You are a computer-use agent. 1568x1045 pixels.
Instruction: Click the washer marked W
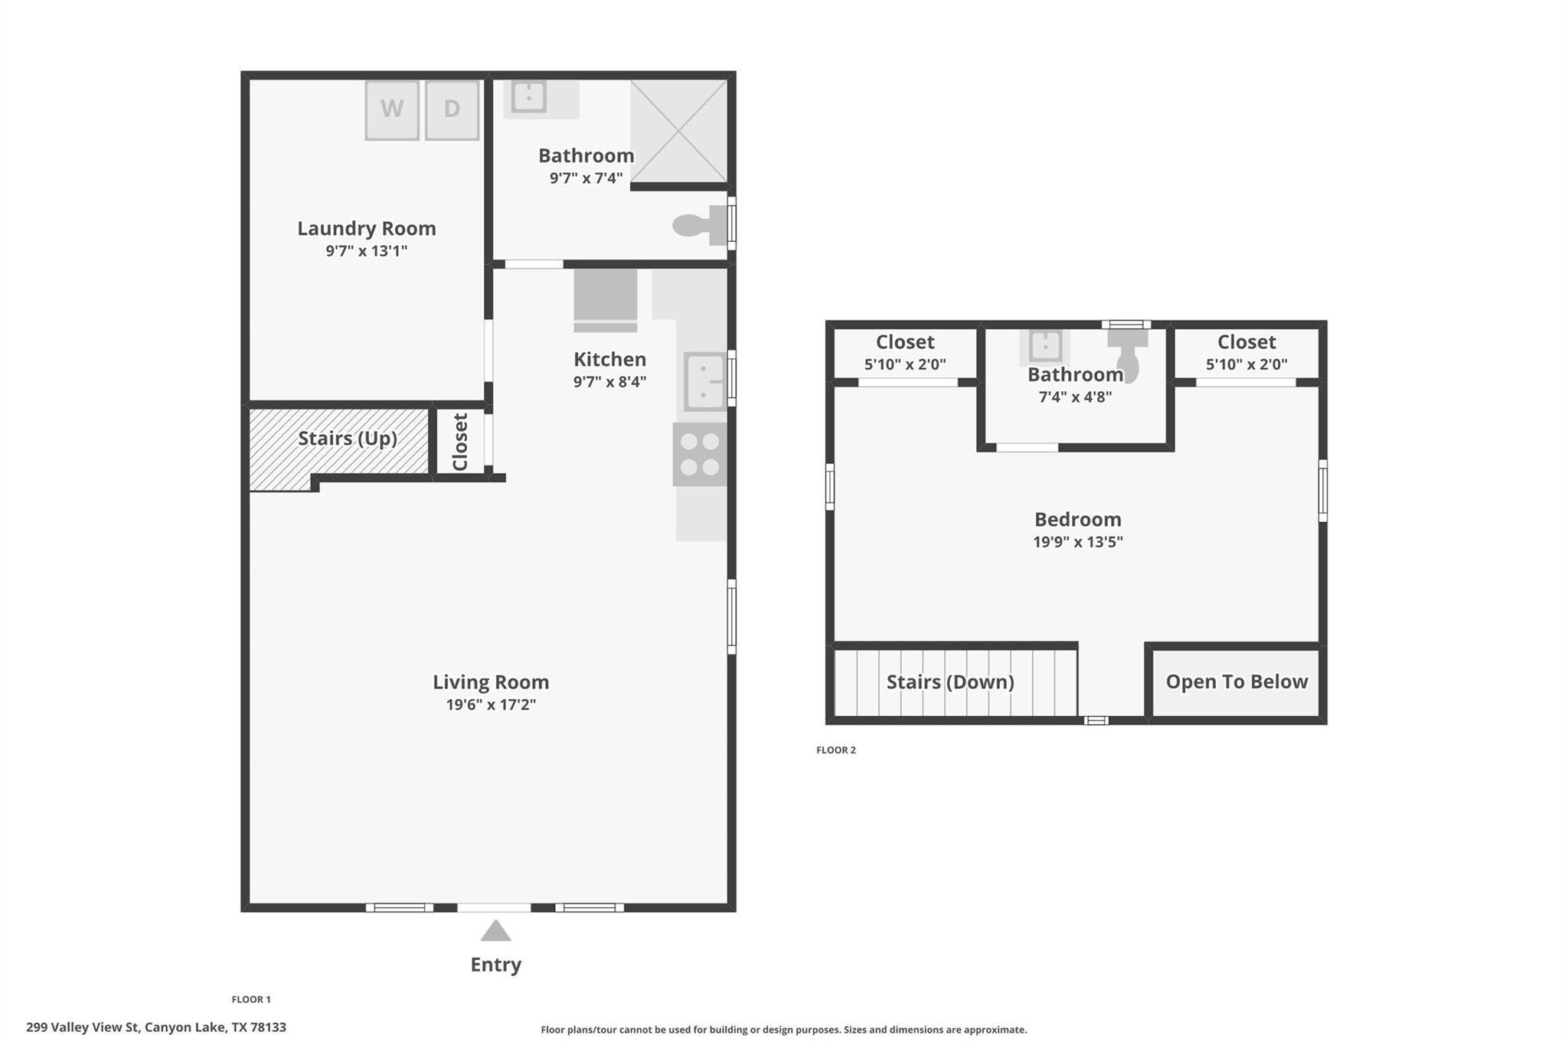point(392,110)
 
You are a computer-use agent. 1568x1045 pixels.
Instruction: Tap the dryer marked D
point(452,110)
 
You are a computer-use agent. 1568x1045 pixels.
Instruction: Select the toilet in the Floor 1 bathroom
point(698,225)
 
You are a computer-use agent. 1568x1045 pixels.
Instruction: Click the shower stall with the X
point(678,132)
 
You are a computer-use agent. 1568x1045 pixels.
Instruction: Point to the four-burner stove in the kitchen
point(700,454)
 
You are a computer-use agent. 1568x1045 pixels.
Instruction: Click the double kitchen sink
point(704,381)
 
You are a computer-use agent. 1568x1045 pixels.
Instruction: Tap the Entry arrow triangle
point(495,931)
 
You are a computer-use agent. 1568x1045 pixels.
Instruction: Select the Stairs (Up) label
point(347,438)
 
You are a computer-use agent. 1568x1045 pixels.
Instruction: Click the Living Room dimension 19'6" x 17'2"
point(491,704)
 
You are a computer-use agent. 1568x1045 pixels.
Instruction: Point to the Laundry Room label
point(366,228)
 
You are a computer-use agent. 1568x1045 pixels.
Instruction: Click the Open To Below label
point(1236,681)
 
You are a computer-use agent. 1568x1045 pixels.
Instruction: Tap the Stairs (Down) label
point(950,681)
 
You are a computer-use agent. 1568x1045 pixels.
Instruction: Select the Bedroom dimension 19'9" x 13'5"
point(1077,542)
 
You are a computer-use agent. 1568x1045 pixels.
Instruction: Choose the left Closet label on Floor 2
point(905,342)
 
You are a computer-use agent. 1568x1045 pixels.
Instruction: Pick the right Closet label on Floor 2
point(1246,342)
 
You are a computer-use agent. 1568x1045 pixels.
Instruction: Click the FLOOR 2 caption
point(836,750)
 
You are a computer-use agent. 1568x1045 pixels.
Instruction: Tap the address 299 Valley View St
point(156,1027)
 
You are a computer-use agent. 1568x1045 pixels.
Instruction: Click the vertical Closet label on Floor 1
point(460,442)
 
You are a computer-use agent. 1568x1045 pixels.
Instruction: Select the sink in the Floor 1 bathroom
point(529,97)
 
